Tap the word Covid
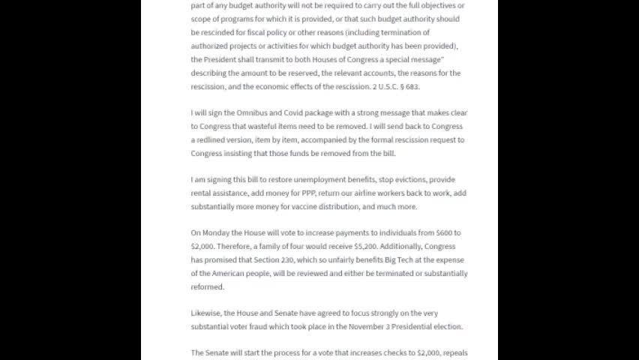click(292, 112)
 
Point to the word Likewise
click(208, 313)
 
